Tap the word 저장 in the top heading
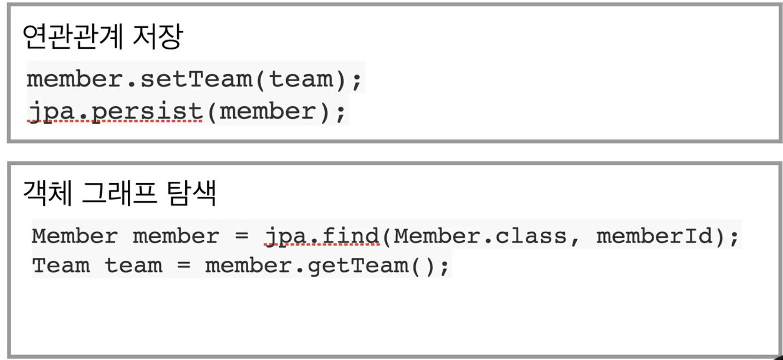158,36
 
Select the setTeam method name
196,79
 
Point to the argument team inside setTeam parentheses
301,79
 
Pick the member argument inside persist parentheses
267,111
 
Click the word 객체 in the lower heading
47,193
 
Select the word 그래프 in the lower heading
119,193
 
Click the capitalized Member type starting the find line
75,236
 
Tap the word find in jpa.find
351,236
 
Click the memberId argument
655,236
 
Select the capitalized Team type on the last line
61,265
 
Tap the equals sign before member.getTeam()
184,265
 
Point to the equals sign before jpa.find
242,236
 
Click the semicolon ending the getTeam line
445,267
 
